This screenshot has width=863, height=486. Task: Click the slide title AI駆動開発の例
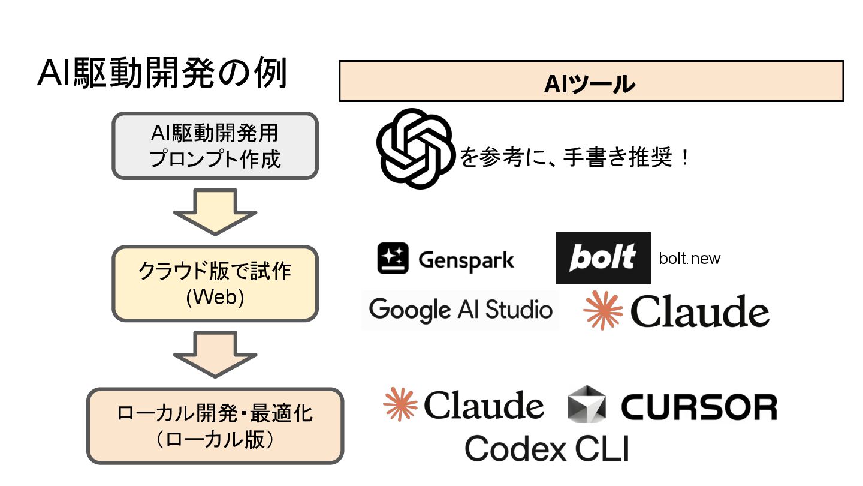click(163, 75)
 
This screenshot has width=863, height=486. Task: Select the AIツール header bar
click(591, 81)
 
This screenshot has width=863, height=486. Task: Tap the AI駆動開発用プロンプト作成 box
click(215, 145)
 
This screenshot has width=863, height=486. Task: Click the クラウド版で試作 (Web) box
click(215, 284)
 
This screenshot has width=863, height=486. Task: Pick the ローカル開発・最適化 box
click(215, 426)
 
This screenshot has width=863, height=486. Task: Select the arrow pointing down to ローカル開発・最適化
click(215, 354)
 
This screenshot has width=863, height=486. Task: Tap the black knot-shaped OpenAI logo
click(414, 149)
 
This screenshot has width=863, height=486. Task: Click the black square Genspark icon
click(393, 259)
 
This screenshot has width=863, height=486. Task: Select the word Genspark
click(466, 260)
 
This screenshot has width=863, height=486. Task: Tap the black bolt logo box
click(603, 258)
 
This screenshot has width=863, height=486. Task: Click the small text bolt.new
click(689, 259)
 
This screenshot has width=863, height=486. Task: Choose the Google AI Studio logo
click(460, 310)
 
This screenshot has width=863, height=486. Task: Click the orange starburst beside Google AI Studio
click(603, 310)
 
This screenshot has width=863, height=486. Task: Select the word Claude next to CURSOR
click(484, 406)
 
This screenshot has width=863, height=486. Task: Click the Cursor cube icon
click(587, 403)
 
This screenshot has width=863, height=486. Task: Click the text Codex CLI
click(547, 448)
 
